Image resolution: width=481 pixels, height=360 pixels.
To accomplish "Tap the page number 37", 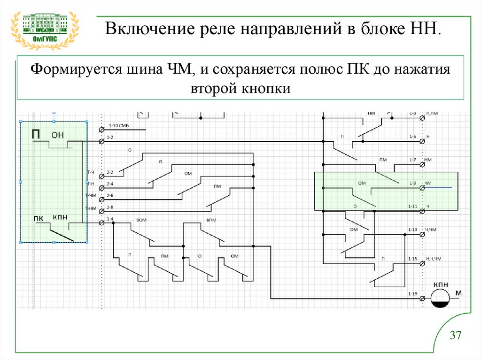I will [x=456, y=336].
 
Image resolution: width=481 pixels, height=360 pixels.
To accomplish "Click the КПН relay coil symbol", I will [x=441, y=298].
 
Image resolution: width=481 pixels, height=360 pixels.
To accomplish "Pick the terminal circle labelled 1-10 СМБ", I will [x=101, y=130].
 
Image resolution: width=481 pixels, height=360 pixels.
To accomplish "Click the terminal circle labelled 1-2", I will [x=101, y=141].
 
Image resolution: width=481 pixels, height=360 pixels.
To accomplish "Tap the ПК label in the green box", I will [x=39, y=217].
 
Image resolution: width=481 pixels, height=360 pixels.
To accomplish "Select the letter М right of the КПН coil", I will [x=459, y=294].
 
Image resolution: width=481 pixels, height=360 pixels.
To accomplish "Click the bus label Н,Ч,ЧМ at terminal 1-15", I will [x=434, y=259].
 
